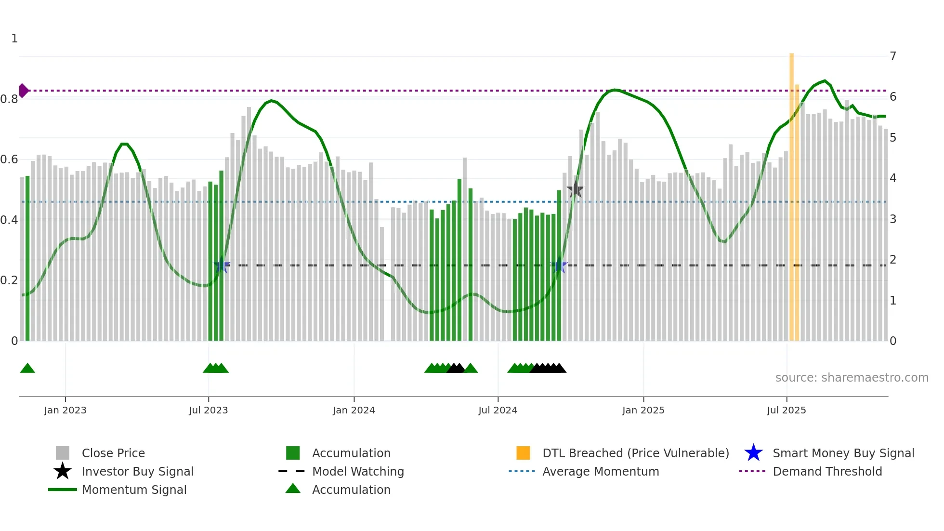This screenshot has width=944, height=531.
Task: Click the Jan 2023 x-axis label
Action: [x=65, y=410]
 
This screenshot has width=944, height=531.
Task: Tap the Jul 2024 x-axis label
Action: [x=498, y=410]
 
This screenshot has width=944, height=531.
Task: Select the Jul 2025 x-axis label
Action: [x=786, y=410]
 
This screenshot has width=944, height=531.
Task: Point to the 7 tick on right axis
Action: [x=893, y=56]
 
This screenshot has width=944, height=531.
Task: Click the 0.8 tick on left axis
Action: [x=10, y=99]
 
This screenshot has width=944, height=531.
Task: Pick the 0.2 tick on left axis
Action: [x=10, y=280]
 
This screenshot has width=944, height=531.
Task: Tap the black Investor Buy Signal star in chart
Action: [x=575, y=190]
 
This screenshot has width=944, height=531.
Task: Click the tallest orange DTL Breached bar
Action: [x=791, y=193]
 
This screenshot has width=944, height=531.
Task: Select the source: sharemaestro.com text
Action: [x=852, y=378]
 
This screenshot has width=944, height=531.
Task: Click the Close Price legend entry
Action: [x=113, y=453]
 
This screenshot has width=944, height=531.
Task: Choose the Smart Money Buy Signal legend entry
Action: [x=843, y=453]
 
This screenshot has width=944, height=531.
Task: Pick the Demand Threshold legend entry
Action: [x=827, y=471]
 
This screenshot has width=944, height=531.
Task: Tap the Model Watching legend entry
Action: [x=357, y=471]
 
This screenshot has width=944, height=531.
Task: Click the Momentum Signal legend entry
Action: [x=134, y=490]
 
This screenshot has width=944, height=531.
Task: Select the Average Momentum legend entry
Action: [x=600, y=471]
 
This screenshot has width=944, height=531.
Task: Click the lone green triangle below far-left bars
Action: [x=27, y=369]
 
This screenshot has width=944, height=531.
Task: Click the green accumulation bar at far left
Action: [x=27, y=260]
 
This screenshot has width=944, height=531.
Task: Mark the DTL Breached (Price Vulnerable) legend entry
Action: [x=635, y=453]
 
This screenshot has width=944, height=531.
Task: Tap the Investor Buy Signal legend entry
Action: [x=137, y=471]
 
